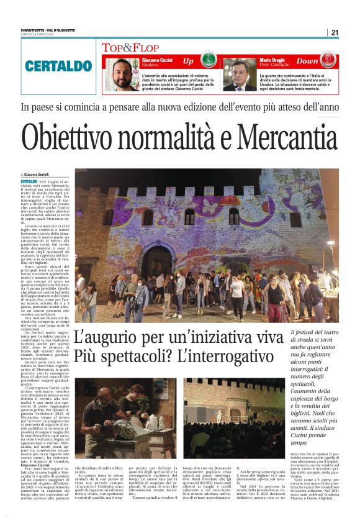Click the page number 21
pos(335,32)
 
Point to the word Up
pos(188,61)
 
